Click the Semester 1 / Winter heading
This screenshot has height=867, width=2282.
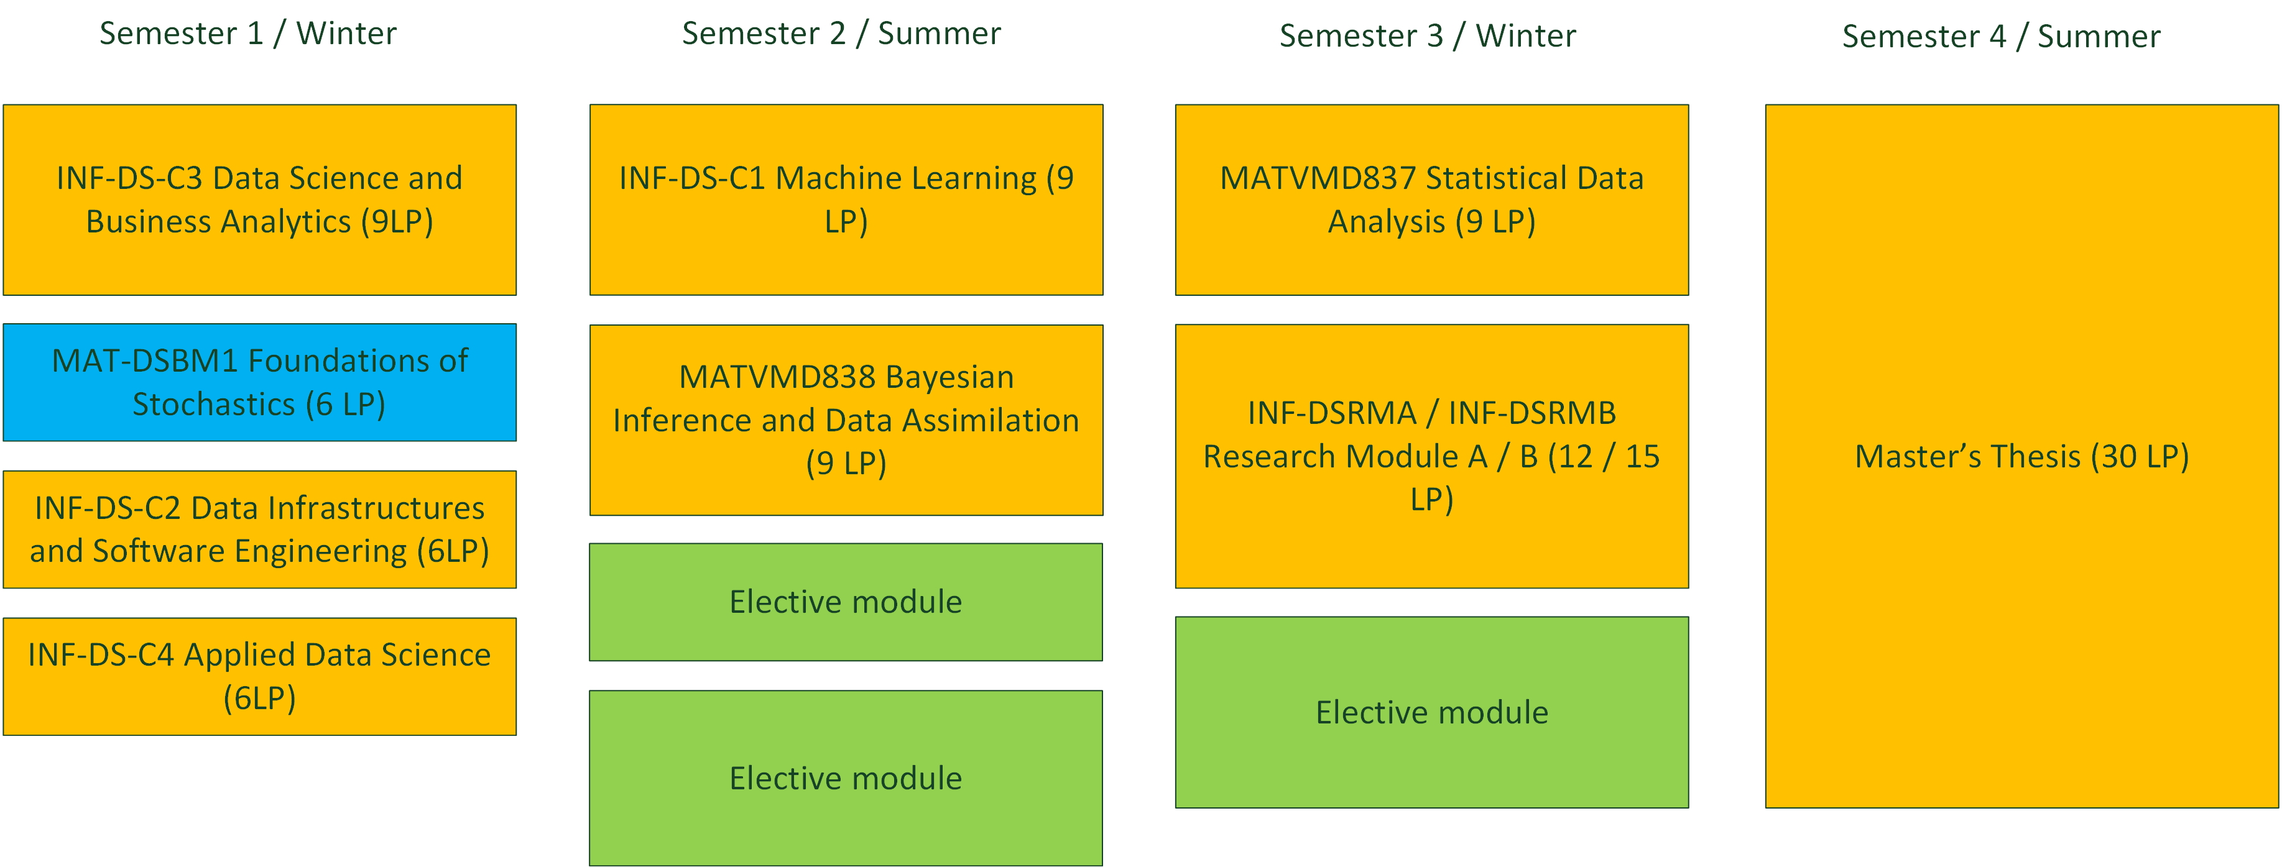click(x=248, y=34)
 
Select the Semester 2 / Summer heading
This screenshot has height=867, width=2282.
click(x=841, y=34)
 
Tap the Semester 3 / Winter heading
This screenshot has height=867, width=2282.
click(x=1428, y=36)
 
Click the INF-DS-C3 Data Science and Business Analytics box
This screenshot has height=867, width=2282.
click(x=259, y=200)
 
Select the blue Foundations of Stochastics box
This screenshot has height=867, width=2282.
click(x=259, y=383)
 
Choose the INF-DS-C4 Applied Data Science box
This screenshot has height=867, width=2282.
click(x=259, y=677)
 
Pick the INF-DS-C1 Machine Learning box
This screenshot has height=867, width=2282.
click(x=846, y=200)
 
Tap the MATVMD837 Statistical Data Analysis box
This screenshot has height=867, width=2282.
click(x=1431, y=200)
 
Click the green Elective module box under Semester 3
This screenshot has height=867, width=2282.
click(x=1431, y=712)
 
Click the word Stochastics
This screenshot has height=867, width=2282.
click(x=213, y=405)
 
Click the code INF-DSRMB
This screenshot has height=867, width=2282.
click(x=1533, y=413)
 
